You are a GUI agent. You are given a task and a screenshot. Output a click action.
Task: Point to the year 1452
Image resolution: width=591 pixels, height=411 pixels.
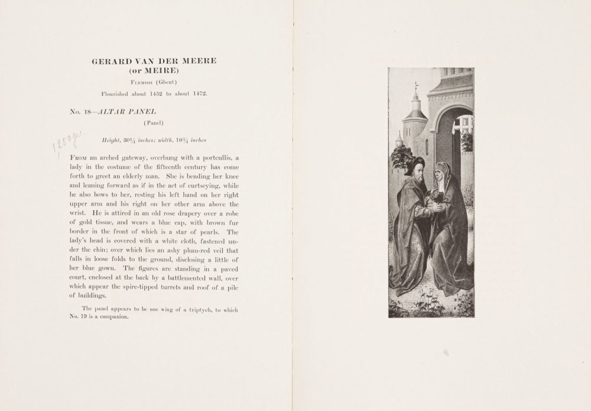tap(160, 93)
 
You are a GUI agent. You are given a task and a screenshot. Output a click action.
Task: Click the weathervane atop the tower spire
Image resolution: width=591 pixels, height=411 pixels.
tap(415, 88)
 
